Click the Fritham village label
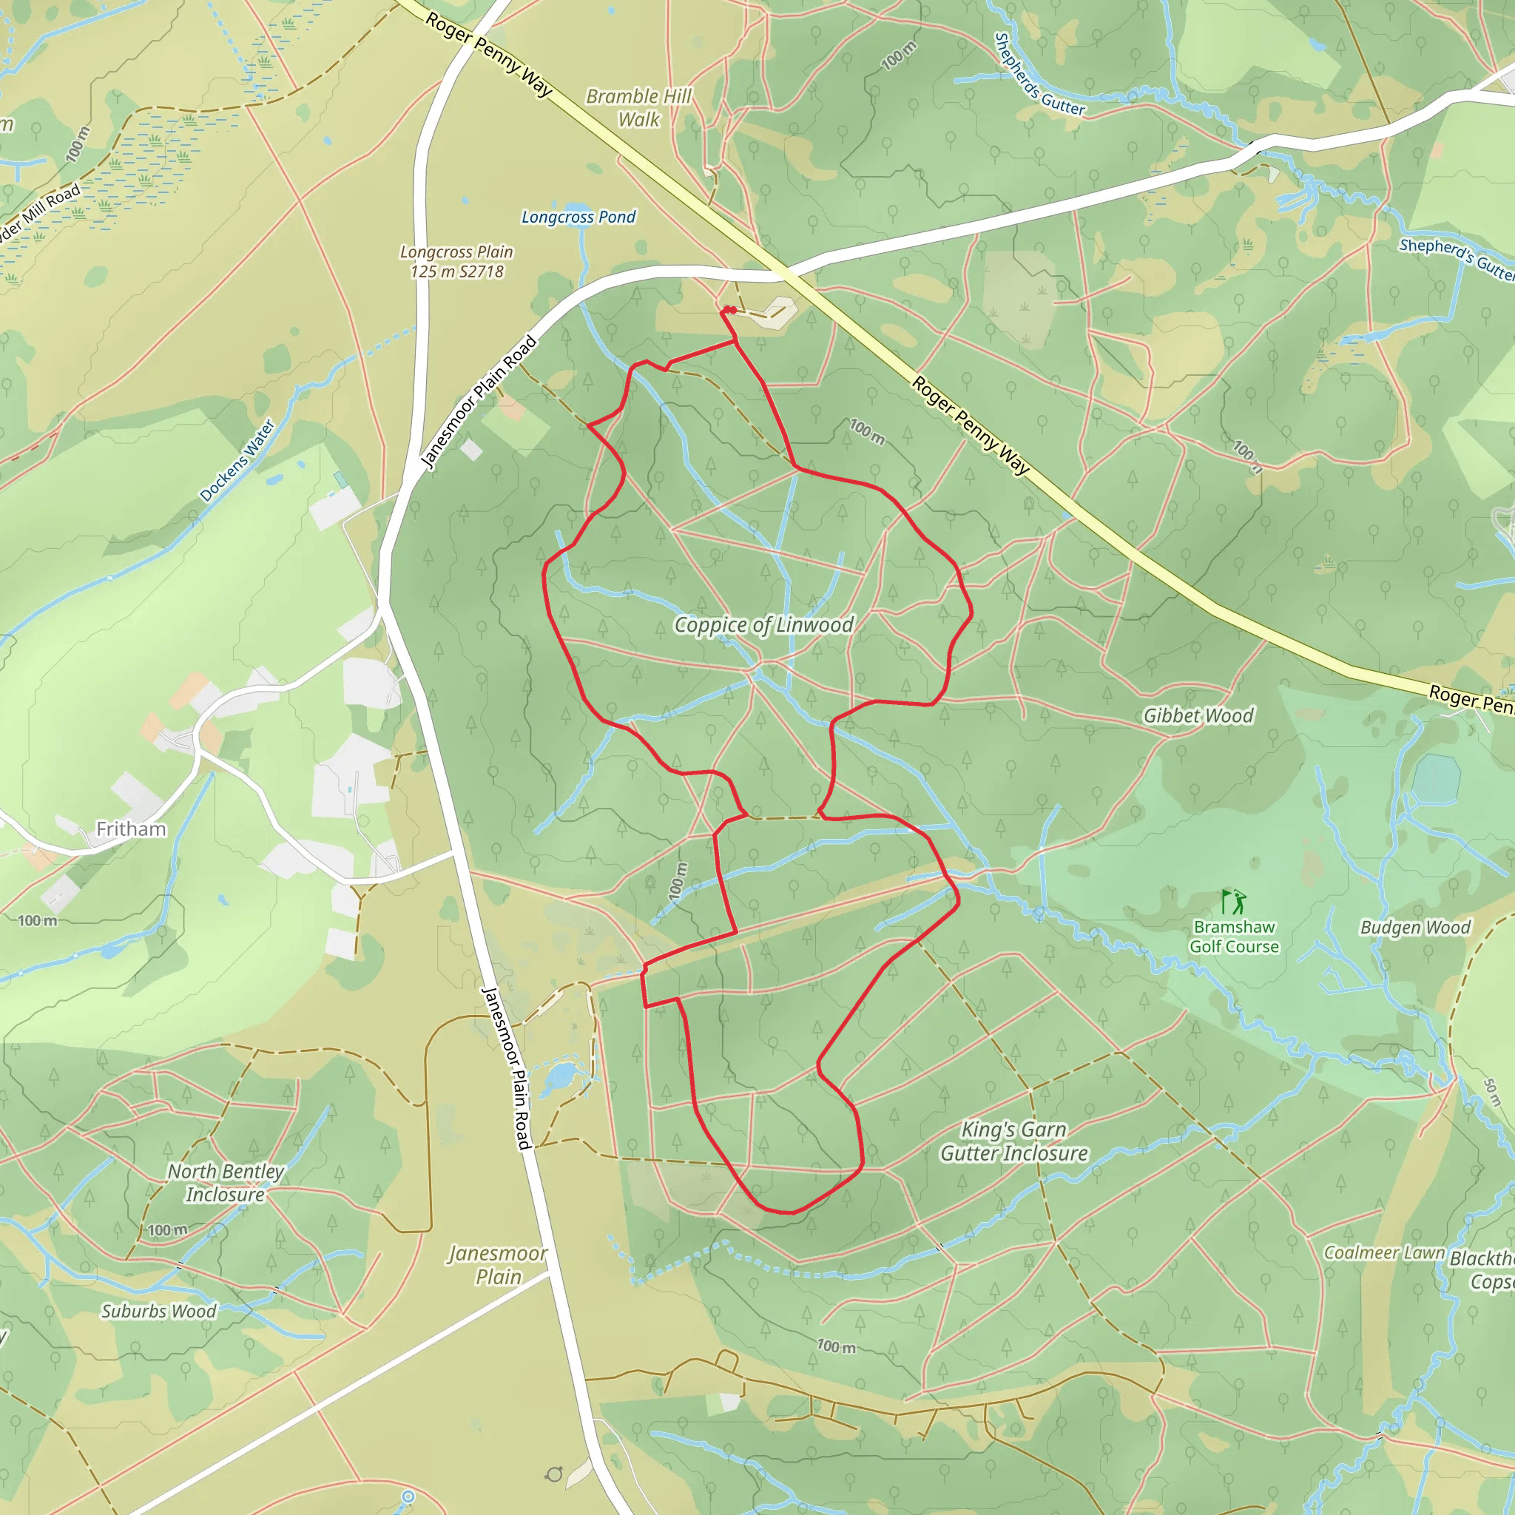coord(131,829)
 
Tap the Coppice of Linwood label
coord(763,625)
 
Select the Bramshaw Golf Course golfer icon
coord(1233,901)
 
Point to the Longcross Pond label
coord(578,217)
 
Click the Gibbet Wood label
coord(1198,715)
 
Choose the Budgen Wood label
coord(1414,927)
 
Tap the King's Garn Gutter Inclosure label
coord(1014,1141)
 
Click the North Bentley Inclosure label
coord(226,1183)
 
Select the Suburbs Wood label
coord(158,1311)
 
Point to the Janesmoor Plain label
coord(498,1265)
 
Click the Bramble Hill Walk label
coord(639,107)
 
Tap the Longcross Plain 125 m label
coord(456,262)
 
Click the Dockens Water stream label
coord(237,460)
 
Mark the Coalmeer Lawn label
coord(1383,1252)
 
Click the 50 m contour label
coord(1491,1092)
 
